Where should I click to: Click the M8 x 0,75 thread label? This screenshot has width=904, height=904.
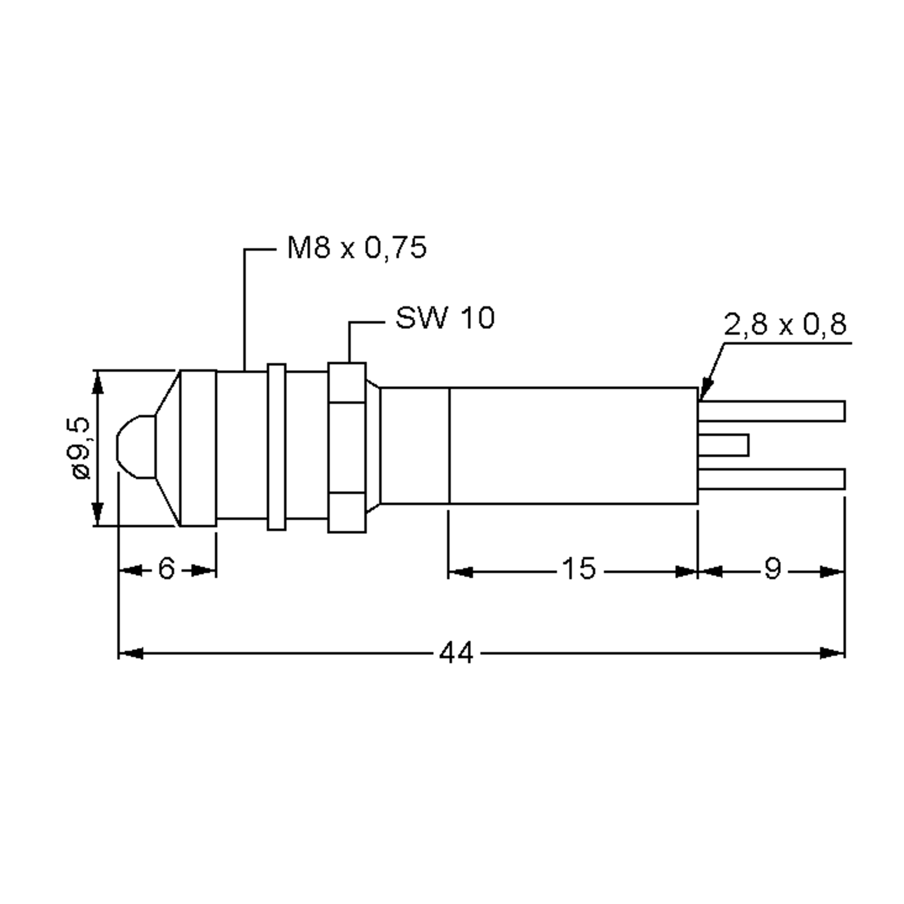(x=357, y=248)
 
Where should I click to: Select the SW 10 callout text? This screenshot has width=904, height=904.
(x=444, y=318)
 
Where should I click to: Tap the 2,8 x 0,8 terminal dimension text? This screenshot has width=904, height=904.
(x=785, y=324)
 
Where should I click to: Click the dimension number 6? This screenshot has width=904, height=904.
(x=166, y=568)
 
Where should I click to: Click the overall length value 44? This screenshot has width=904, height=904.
(x=456, y=653)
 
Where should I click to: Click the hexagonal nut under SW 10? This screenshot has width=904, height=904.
(x=347, y=447)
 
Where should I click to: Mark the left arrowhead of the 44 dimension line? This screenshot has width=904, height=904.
(x=131, y=653)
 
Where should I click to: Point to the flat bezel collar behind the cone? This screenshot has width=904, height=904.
(x=199, y=448)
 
